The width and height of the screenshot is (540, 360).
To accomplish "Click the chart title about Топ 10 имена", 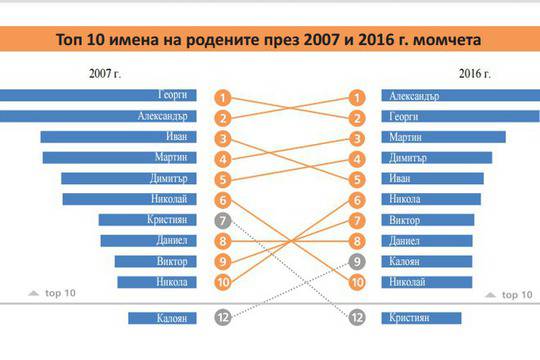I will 269,39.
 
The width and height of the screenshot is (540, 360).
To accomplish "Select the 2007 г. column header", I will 104,72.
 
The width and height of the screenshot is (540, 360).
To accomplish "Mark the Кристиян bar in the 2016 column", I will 421,318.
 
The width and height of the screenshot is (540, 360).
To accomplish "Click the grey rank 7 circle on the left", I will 224,220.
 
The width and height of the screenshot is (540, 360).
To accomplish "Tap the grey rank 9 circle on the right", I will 357,261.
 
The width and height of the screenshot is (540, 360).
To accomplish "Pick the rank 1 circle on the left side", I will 224,98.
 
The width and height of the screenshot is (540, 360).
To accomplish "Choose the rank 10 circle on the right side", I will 357,282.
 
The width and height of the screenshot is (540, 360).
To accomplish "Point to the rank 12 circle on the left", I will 224,318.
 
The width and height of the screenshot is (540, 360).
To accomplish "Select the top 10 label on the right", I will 507,295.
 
